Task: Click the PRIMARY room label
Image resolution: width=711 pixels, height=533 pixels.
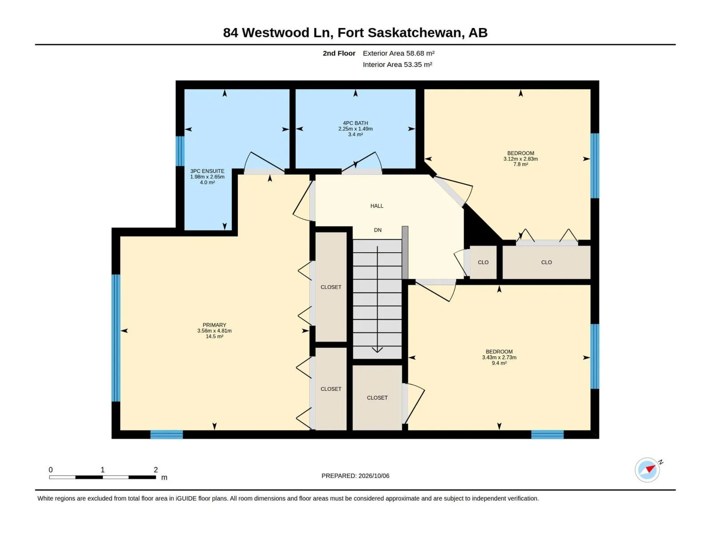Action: point(214,325)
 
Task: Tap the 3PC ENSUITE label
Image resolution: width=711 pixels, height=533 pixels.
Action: point(207,171)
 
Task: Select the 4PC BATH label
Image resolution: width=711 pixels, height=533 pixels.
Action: point(355,123)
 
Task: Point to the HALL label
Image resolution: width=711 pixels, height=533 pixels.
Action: point(377,206)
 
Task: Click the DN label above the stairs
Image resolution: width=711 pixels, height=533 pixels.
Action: point(377,230)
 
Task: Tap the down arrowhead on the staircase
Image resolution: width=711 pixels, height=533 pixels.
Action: point(377,350)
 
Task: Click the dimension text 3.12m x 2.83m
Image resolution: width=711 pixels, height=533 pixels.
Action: point(520,159)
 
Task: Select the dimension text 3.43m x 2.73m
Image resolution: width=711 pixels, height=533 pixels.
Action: point(499,357)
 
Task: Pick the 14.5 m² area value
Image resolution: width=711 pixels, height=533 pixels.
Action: point(214,336)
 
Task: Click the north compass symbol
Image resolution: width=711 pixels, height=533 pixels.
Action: point(647,470)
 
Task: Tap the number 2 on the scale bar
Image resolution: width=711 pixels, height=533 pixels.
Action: point(156,469)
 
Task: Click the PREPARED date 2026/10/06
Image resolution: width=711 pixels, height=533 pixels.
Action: point(373,476)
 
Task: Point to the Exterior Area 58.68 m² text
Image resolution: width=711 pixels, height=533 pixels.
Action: point(399,53)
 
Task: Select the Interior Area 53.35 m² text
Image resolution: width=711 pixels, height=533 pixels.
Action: point(397,64)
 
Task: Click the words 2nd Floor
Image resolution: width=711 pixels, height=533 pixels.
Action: point(339,53)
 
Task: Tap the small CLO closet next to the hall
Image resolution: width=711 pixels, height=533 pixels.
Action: point(483,263)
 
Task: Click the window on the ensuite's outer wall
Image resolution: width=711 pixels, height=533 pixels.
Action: point(180,151)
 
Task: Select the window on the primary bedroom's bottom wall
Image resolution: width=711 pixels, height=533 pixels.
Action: point(167,434)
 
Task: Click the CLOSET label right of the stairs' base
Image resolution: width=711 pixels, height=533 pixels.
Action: point(377,398)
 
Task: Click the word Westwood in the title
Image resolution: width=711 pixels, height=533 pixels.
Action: point(276,33)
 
